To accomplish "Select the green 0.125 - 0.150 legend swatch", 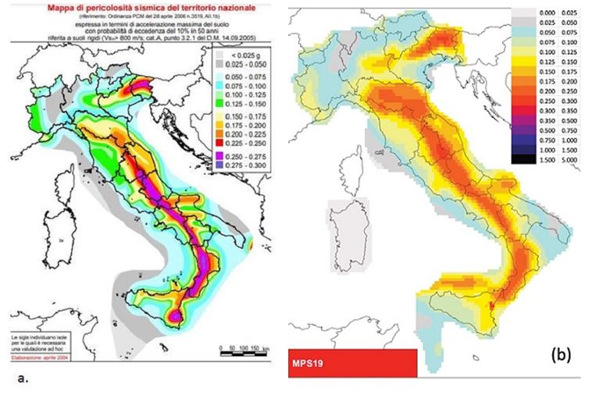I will point(219,101).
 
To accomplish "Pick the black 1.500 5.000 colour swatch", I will point(522,158).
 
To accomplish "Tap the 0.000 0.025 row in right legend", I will point(544,14).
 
